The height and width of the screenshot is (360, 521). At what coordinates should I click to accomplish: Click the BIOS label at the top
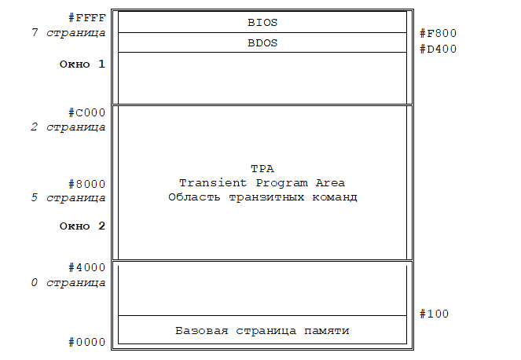click(x=262, y=23)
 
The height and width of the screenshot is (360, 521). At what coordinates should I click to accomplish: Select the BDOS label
click(x=262, y=43)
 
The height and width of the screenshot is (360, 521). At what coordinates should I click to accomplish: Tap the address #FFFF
click(x=87, y=17)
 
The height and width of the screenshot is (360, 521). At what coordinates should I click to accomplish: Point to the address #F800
click(x=438, y=33)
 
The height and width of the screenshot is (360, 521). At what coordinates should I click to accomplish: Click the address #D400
click(x=438, y=49)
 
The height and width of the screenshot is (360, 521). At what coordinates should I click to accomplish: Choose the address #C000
click(x=87, y=112)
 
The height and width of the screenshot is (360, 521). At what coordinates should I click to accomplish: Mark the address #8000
click(x=87, y=184)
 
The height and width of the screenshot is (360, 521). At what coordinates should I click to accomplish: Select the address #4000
click(x=87, y=267)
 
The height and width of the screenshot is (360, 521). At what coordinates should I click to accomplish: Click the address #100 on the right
click(x=435, y=314)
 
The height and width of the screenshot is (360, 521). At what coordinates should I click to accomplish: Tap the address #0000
click(x=87, y=342)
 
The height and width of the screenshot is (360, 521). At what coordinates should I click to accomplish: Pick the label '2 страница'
click(x=68, y=127)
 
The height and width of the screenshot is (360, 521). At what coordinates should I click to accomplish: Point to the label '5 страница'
click(x=68, y=198)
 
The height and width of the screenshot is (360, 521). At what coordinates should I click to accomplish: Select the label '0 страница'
click(x=68, y=281)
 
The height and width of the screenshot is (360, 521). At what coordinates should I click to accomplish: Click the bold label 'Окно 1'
click(x=82, y=64)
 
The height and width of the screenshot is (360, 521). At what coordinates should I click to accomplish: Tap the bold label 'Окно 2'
click(x=82, y=226)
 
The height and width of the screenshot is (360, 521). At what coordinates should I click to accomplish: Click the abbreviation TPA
click(x=262, y=169)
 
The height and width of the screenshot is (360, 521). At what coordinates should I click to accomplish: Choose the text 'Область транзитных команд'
click(x=262, y=197)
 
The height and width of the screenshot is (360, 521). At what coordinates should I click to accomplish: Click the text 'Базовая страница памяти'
click(x=262, y=331)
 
